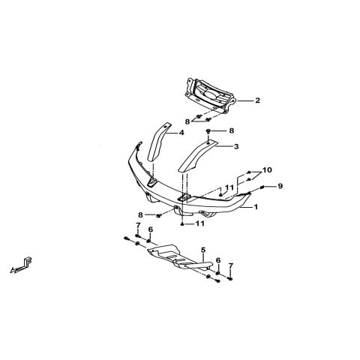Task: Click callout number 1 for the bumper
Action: pyautogui.click(x=256, y=207)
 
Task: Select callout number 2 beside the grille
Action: pyautogui.click(x=257, y=100)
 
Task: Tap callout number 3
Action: pyautogui.click(x=236, y=146)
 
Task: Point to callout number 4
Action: pyautogui.click(x=181, y=133)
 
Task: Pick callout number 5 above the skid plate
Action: pyautogui.click(x=203, y=250)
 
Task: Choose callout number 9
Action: pyautogui.click(x=280, y=186)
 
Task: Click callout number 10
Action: pyautogui.click(x=267, y=170)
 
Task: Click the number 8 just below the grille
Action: pyautogui.click(x=187, y=121)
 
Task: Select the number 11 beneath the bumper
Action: pyautogui.click(x=200, y=223)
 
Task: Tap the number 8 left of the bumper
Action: pyautogui.click(x=140, y=214)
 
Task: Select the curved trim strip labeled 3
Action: pyautogui.click(x=197, y=156)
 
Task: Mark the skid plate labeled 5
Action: pyautogui.click(x=180, y=256)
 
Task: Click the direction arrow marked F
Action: pyautogui.click(x=21, y=265)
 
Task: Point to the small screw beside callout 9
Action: pyautogui.click(x=262, y=187)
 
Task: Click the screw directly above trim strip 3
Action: pyautogui.click(x=208, y=130)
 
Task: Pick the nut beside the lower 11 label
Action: pyautogui.click(x=183, y=223)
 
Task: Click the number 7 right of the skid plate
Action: pyautogui.click(x=230, y=265)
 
